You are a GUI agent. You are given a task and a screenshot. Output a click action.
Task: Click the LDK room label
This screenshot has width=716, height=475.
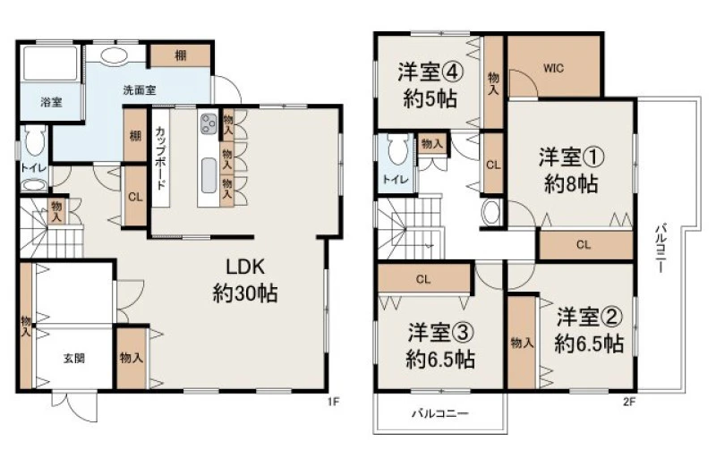[245, 267]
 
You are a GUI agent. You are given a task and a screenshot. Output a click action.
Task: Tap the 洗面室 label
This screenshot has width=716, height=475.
[140, 89]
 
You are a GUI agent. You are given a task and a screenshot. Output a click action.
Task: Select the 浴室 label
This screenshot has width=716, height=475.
[51, 102]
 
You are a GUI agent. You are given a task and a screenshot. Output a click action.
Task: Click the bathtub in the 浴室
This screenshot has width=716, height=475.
[50, 63]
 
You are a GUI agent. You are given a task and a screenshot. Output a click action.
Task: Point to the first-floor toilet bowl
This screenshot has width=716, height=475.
[35, 140]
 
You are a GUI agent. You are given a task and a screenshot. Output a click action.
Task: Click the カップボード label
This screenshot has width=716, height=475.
[160, 157]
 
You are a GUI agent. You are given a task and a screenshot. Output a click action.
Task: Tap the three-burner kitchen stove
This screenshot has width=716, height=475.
[209, 123]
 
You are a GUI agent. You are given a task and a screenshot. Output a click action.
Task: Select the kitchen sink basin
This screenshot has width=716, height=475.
[209, 175]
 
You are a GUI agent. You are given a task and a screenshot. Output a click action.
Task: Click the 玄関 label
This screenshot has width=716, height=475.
[74, 358]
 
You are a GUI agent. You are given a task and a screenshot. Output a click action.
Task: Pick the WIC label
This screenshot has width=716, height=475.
[553, 69]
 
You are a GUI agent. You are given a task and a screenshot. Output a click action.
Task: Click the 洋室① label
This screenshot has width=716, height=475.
[572, 157]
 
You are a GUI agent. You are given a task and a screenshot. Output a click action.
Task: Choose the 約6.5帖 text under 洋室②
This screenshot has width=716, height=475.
[589, 344]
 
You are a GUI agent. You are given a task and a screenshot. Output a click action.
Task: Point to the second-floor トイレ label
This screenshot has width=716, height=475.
[396, 179]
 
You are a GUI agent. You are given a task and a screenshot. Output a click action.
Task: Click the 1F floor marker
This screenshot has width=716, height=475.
[334, 402]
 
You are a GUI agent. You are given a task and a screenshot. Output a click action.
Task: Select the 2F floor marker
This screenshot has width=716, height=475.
[629, 402]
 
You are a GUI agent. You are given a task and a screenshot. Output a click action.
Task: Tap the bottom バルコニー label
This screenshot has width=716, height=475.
[440, 414]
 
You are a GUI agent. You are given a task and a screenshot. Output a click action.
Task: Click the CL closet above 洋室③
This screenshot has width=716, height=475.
[423, 279]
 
